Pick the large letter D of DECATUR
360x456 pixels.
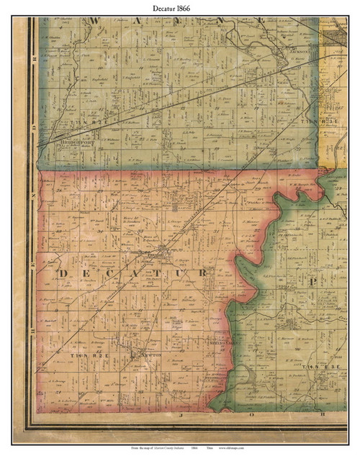click(x=62, y=274)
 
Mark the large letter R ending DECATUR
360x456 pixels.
click(x=204, y=274)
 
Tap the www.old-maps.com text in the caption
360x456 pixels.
click(x=233, y=447)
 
